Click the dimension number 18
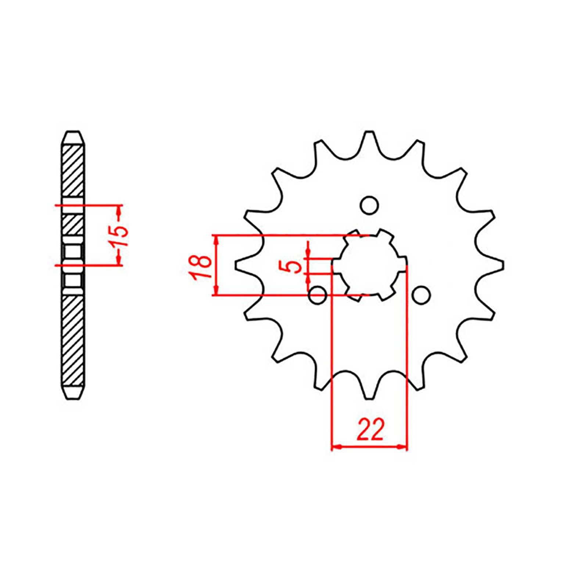click(201, 265)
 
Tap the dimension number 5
click(295, 266)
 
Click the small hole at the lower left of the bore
click(318, 295)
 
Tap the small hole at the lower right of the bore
click(421, 295)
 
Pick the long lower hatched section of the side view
click(74, 340)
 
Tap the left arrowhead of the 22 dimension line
click(336, 447)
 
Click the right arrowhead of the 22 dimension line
click(403, 447)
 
